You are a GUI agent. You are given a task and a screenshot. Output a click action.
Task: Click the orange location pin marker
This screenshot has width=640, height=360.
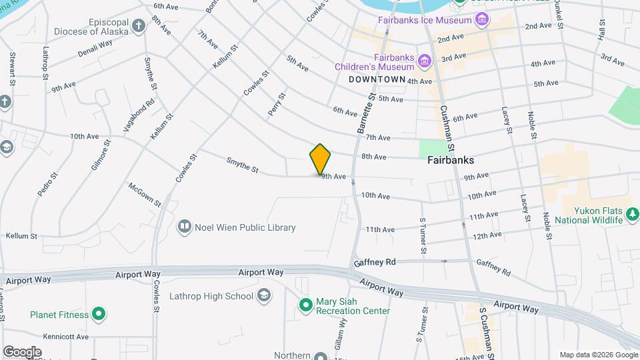click(320, 159)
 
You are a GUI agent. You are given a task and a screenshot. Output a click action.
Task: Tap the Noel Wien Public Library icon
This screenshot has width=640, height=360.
click(185, 227)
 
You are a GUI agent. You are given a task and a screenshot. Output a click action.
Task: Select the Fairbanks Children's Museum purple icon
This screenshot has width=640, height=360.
click(424, 62)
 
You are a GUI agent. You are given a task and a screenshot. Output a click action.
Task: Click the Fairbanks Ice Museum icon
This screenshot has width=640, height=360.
click(482, 20)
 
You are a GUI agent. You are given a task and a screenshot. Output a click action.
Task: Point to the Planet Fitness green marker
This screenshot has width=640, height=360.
click(99, 313)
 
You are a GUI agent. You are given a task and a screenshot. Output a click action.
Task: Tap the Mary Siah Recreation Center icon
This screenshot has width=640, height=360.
click(305, 305)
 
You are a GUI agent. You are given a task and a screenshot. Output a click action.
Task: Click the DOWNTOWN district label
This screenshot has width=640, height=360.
click(377, 79)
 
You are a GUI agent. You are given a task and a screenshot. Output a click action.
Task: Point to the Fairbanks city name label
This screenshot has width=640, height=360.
click(450, 161)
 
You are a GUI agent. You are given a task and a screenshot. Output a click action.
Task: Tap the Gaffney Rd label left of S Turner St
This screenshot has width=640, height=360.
click(376, 262)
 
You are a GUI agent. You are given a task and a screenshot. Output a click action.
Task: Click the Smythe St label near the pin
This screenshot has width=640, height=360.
click(242, 165)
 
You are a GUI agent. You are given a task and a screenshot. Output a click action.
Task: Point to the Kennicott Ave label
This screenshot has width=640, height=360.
click(65, 337)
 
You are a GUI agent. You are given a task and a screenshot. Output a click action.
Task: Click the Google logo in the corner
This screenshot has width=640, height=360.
click(22, 351)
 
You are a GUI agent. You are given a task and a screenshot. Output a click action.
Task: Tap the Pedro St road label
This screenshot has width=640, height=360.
click(44, 183)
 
